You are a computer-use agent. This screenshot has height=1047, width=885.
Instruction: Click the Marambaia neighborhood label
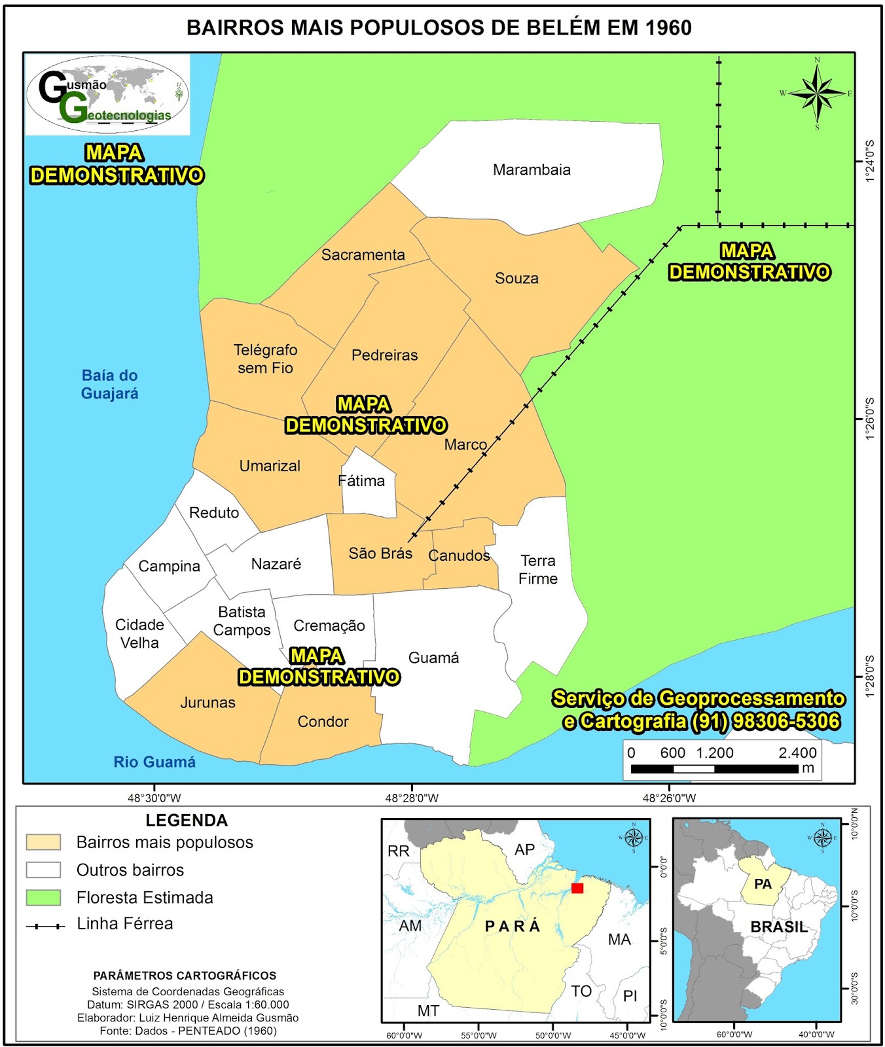pyautogui.click(x=532, y=170)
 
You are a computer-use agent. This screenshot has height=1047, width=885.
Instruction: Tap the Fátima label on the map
pyautogui.click(x=361, y=481)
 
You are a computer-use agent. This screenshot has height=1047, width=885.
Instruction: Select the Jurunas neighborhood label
pyautogui.click(x=208, y=703)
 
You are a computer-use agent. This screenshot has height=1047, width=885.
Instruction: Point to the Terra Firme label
pyautogui.click(x=538, y=570)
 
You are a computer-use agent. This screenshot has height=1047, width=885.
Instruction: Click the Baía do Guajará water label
pyautogui.click(x=109, y=385)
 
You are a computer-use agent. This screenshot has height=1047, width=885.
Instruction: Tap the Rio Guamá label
pyautogui.click(x=154, y=762)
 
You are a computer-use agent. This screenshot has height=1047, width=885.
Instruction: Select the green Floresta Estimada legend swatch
pyautogui.click(x=43, y=897)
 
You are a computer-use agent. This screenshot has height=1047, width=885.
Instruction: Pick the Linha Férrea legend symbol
pyautogui.click(x=45, y=926)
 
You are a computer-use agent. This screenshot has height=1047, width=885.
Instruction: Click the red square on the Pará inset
pyautogui.click(x=577, y=888)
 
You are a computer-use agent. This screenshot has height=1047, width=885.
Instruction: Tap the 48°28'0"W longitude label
pyautogui.click(x=412, y=798)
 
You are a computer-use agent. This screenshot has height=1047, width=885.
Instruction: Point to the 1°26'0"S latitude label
pyautogui.click(x=870, y=419)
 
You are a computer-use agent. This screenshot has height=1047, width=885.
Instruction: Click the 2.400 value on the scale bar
pyautogui.click(x=797, y=753)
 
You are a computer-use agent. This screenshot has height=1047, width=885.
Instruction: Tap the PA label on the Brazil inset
pyautogui.click(x=763, y=884)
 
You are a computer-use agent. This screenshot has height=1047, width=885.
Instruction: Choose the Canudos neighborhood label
pyautogui.click(x=459, y=556)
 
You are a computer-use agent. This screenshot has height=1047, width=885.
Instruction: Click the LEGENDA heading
pyautogui.click(x=187, y=821)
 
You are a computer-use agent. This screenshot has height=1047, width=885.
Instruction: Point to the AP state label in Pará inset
pyautogui.click(x=524, y=849)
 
